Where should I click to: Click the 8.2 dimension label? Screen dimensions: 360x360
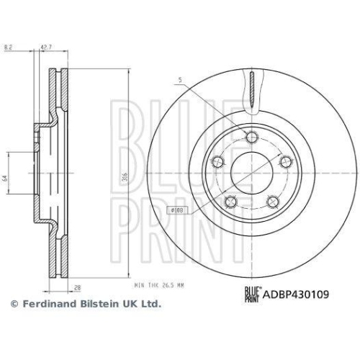point(9,47)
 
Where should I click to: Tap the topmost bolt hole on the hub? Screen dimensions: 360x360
point(251,137)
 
